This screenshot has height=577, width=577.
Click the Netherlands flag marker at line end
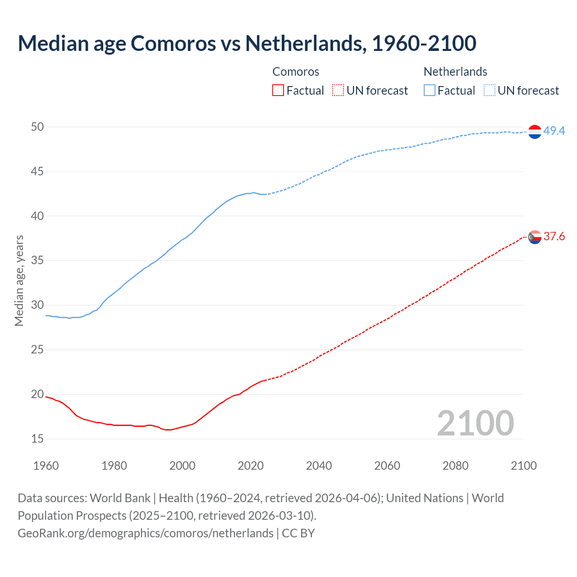[535, 131]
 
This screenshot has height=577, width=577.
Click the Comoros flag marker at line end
[535, 237]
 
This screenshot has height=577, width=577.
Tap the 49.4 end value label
[554, 131]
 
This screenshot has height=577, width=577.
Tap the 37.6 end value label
[554, 237]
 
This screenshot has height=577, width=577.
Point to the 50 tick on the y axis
[37, 127]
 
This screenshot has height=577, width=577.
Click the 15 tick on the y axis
[37, 439]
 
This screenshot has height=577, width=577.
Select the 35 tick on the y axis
[37, 261]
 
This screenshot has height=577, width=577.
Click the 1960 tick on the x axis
[46, 466]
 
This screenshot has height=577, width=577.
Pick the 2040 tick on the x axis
[319, 466]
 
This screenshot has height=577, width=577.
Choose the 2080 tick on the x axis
[455, 466]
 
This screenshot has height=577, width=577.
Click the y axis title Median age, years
[19, 280]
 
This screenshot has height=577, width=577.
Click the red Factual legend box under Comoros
[278, 91]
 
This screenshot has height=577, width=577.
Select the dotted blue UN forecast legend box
[490, 91]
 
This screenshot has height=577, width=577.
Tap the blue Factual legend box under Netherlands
[430, 91]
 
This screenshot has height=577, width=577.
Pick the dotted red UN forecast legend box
[338, 91]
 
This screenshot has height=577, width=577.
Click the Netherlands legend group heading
[455, 72]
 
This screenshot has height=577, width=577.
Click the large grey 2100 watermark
[475, 423]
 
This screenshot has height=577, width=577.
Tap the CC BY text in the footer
[298, 533]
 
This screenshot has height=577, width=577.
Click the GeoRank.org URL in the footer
[145, 533]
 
